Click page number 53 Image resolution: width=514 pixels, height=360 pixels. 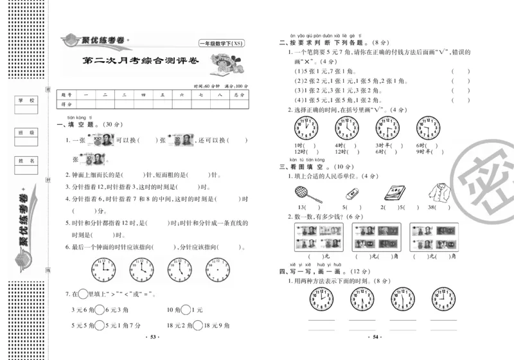pos(152,336)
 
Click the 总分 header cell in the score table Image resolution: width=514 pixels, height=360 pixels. pos(240,94)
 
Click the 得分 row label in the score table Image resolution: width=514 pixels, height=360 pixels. pos(65,104)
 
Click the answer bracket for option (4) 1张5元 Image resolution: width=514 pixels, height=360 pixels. pos(456,100)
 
